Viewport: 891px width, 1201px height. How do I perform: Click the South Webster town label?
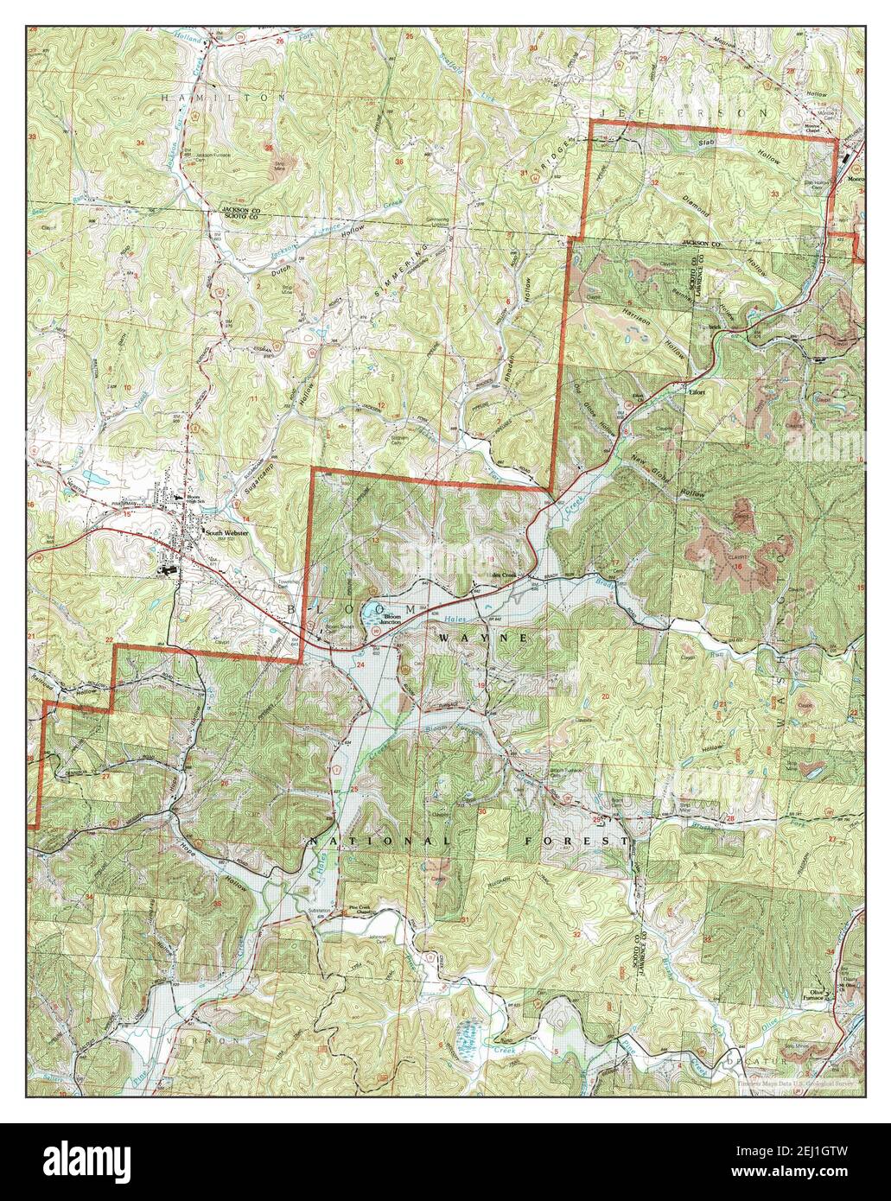(x=225, y=533)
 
